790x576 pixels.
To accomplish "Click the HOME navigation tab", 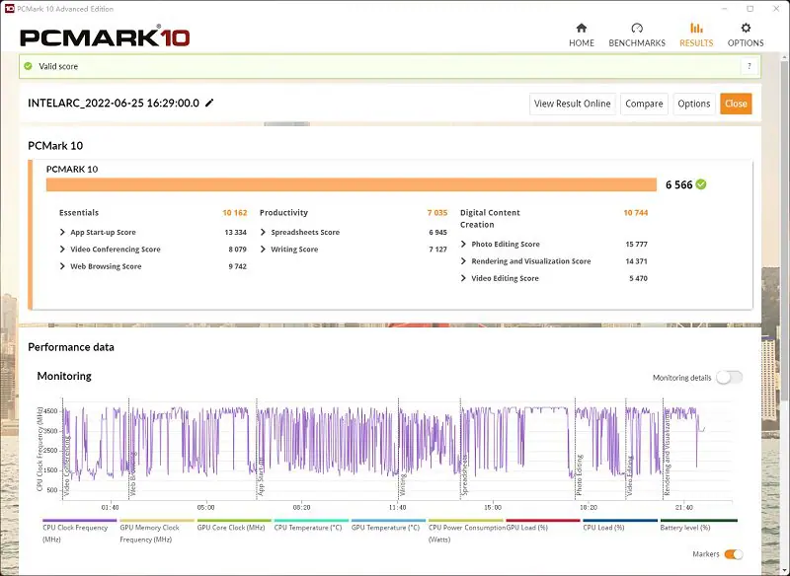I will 582,35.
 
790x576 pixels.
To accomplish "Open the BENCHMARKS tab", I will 637,35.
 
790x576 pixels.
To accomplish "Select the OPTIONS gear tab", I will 746,35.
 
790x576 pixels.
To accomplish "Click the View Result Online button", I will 573,104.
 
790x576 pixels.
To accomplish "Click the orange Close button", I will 736,104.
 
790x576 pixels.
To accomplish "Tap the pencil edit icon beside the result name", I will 209,103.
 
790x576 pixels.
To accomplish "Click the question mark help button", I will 750,66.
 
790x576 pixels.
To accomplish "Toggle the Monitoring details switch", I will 729,378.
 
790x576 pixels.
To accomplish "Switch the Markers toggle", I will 733,554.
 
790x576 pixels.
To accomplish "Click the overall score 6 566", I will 678,184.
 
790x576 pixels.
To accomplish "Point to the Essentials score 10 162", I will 234,213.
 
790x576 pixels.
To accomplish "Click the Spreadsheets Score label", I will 305,233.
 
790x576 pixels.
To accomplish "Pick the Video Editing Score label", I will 505,278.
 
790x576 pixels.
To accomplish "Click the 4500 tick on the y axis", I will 48,410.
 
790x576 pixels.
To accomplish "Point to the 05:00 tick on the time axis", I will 205,507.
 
